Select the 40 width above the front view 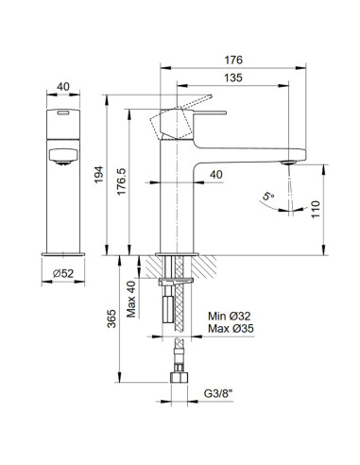click(x=61, y=87)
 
